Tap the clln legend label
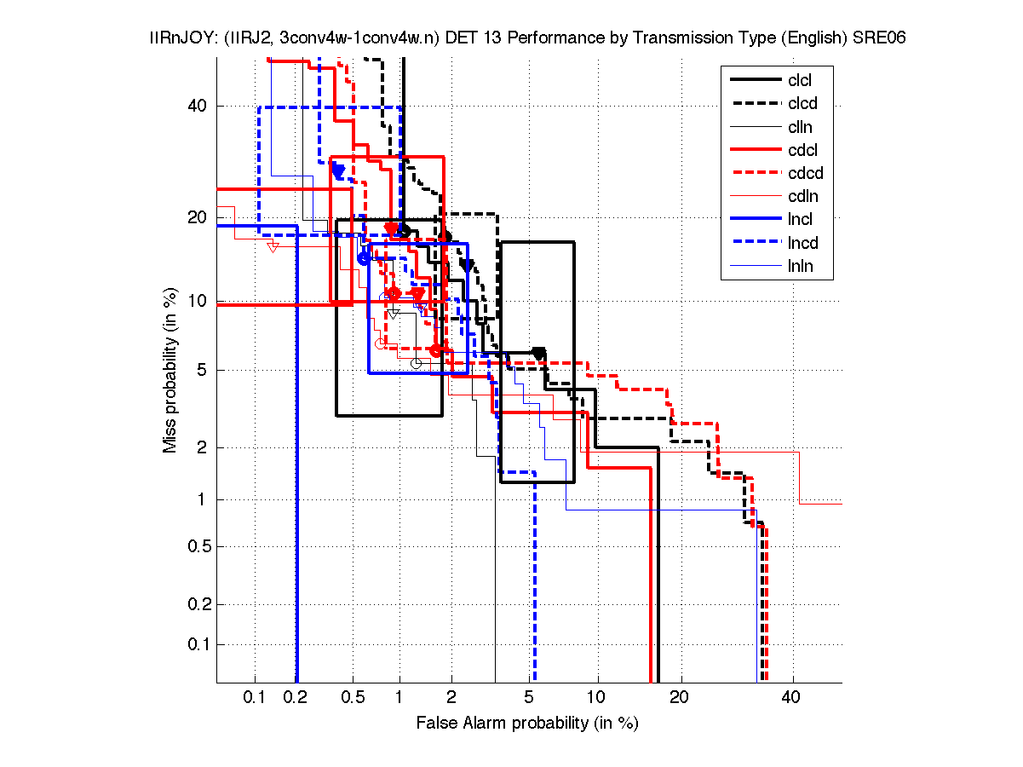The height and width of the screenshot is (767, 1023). pos(800,127)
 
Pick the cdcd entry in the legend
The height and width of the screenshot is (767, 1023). pos(804,174)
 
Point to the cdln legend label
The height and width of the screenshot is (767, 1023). pos(802,197)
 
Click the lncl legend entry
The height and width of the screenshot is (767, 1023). pos(801,220)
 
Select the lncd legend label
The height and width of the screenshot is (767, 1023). pos(802,243)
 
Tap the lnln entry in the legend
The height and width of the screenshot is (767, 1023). pos(801,266)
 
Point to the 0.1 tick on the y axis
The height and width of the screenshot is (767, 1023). pos(197,644)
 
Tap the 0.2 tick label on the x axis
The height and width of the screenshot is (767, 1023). pos(295,698)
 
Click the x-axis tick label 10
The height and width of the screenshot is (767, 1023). pos(597,698)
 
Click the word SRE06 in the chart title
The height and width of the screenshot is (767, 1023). pos(878,38)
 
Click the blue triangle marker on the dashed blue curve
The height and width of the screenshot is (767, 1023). pos(338,172)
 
